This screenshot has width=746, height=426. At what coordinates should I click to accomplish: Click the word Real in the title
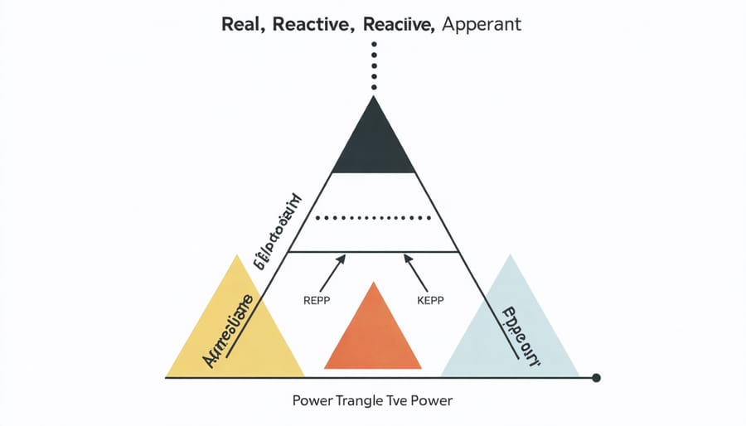tap(243, 24)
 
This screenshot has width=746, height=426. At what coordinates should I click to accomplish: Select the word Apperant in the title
tap(482, 24)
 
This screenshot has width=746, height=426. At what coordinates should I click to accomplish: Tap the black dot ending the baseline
tap(596, 378)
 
